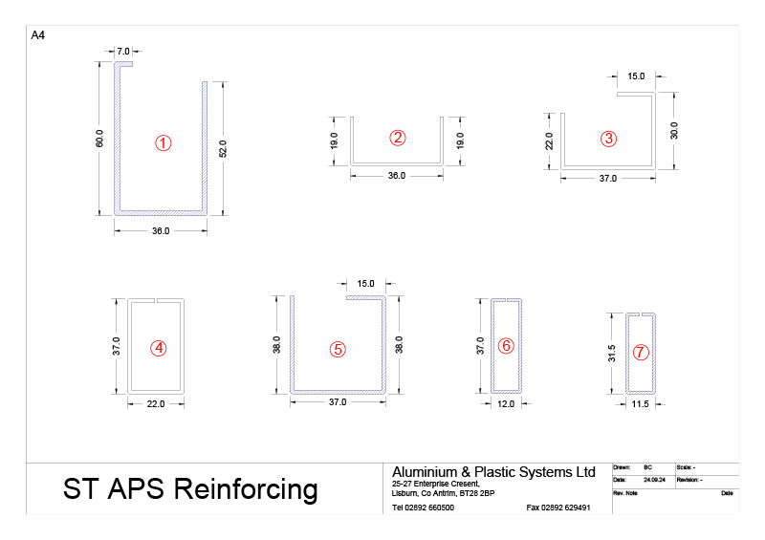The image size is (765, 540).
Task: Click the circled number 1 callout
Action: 163,143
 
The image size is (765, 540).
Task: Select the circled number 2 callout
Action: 398,137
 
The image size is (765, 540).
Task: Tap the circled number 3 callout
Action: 608,139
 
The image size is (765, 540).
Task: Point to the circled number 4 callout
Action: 159,349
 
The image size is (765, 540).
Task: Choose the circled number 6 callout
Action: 507,345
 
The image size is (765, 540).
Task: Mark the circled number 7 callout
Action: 641,352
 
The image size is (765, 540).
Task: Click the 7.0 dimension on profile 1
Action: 122,50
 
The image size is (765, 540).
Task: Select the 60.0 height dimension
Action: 98,138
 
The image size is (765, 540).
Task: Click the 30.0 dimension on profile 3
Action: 673,129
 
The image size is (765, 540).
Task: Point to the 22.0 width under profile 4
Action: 156,404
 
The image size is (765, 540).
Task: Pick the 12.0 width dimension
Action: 507,404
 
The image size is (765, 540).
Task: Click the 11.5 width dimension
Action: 640,404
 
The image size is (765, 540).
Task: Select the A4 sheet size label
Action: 38,35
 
